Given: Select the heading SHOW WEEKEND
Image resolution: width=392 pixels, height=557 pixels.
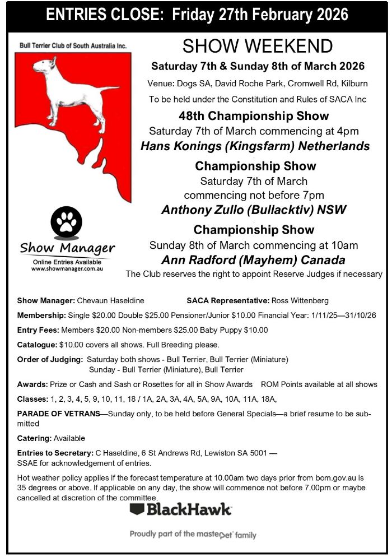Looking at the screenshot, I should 258,46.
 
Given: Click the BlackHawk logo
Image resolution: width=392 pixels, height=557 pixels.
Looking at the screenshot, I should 180,510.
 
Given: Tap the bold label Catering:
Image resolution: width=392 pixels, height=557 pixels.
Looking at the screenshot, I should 35,438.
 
